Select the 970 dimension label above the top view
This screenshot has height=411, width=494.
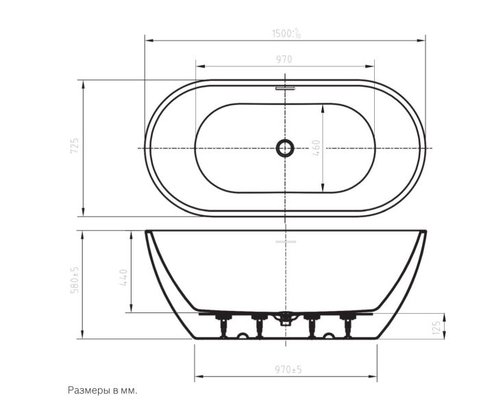pyautogui.click(x=284, y=60)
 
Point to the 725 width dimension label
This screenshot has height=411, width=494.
pyautogui.click(x=75, y=147)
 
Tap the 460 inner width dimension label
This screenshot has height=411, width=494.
pyautogui.click(x=316, y=148)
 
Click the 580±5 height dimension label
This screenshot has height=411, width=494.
pyautogui.click(x=75, y=281)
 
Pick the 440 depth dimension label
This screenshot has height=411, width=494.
pyautogui.click(x=124, y=277)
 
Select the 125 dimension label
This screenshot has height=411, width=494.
pyautogui.click(x=436, y=327)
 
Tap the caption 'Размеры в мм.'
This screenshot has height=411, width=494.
pyautogui.click(x=103, y=390)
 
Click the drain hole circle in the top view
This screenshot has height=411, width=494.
pyautogui.click(x=285, y=147)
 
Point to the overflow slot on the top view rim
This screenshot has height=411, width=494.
pyautogui.click(x=285, y=88)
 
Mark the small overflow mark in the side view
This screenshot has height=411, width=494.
pyautogui.click(x=285, y=242)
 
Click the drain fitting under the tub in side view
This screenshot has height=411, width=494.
pyautogui.click(x=285, y=316)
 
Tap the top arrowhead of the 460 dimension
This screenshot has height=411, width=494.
pyautogui.click(x=322, y=107)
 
